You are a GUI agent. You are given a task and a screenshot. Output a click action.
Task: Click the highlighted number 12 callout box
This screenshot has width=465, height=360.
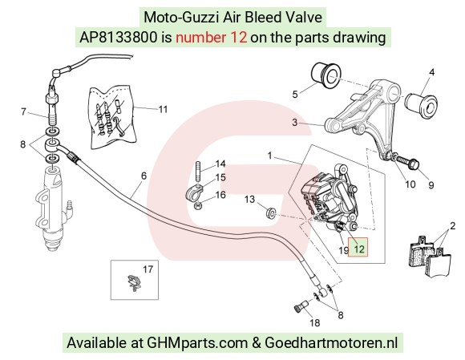click(358, 247)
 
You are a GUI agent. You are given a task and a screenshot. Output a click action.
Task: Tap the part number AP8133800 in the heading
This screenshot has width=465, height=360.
click(119, 38)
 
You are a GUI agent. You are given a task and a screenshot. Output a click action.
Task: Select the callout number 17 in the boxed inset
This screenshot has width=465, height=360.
click(148, 269)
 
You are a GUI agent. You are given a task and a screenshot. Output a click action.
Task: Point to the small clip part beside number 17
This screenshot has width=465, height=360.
click(133, 282)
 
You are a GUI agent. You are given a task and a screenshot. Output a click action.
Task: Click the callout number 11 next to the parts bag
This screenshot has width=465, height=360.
click(163, 109)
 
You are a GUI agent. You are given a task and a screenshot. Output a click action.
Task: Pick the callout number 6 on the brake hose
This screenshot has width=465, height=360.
click(144, 176)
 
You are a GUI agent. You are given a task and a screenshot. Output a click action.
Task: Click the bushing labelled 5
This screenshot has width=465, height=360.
click(326, 75)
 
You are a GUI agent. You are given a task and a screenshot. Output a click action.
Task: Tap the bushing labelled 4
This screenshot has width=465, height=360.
click(421, 104)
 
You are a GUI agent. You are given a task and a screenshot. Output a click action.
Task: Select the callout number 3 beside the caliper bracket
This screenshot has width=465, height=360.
click(294, 122)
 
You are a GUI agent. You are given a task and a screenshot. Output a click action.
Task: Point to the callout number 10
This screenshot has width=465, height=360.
click(410, 184)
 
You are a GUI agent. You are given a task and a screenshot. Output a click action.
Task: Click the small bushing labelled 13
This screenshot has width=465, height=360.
click(271, 213)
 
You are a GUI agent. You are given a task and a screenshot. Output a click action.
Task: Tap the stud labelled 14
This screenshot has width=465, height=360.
click(198, 172)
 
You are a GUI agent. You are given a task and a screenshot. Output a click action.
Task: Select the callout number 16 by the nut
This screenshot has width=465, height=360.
click(220, 195)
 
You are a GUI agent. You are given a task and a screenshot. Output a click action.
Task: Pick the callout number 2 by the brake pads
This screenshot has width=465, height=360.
click(452, 226)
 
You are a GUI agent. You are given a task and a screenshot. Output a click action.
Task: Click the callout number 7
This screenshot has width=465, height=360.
click(23, 111)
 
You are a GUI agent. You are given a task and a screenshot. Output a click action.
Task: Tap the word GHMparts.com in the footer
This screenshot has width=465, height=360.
click(197, 343)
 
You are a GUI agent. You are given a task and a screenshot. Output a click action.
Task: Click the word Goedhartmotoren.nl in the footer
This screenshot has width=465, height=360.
click(331, 343)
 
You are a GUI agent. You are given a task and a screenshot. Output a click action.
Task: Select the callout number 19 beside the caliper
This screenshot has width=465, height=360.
click(344, 251)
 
